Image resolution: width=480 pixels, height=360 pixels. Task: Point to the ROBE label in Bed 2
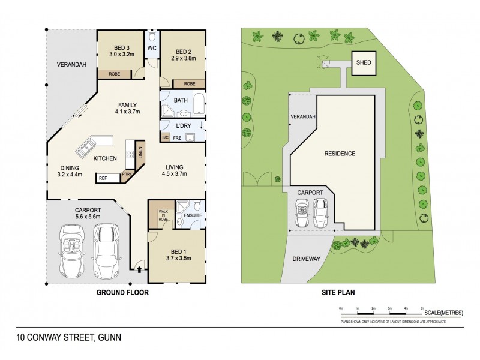(190, 83)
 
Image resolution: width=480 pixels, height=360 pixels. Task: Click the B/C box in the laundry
(165, 137)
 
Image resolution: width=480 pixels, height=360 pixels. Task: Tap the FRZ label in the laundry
(177, 137)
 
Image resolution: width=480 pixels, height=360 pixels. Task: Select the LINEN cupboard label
(140, 154)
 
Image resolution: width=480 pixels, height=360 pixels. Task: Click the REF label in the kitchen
(103, 178)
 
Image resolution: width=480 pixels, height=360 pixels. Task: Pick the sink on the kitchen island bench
(88, 145)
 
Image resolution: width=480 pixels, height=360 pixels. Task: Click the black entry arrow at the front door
(140, 269)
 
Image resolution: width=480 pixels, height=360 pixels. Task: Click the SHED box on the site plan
(363, 62)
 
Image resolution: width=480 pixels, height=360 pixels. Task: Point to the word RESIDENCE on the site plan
(340, 154)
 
